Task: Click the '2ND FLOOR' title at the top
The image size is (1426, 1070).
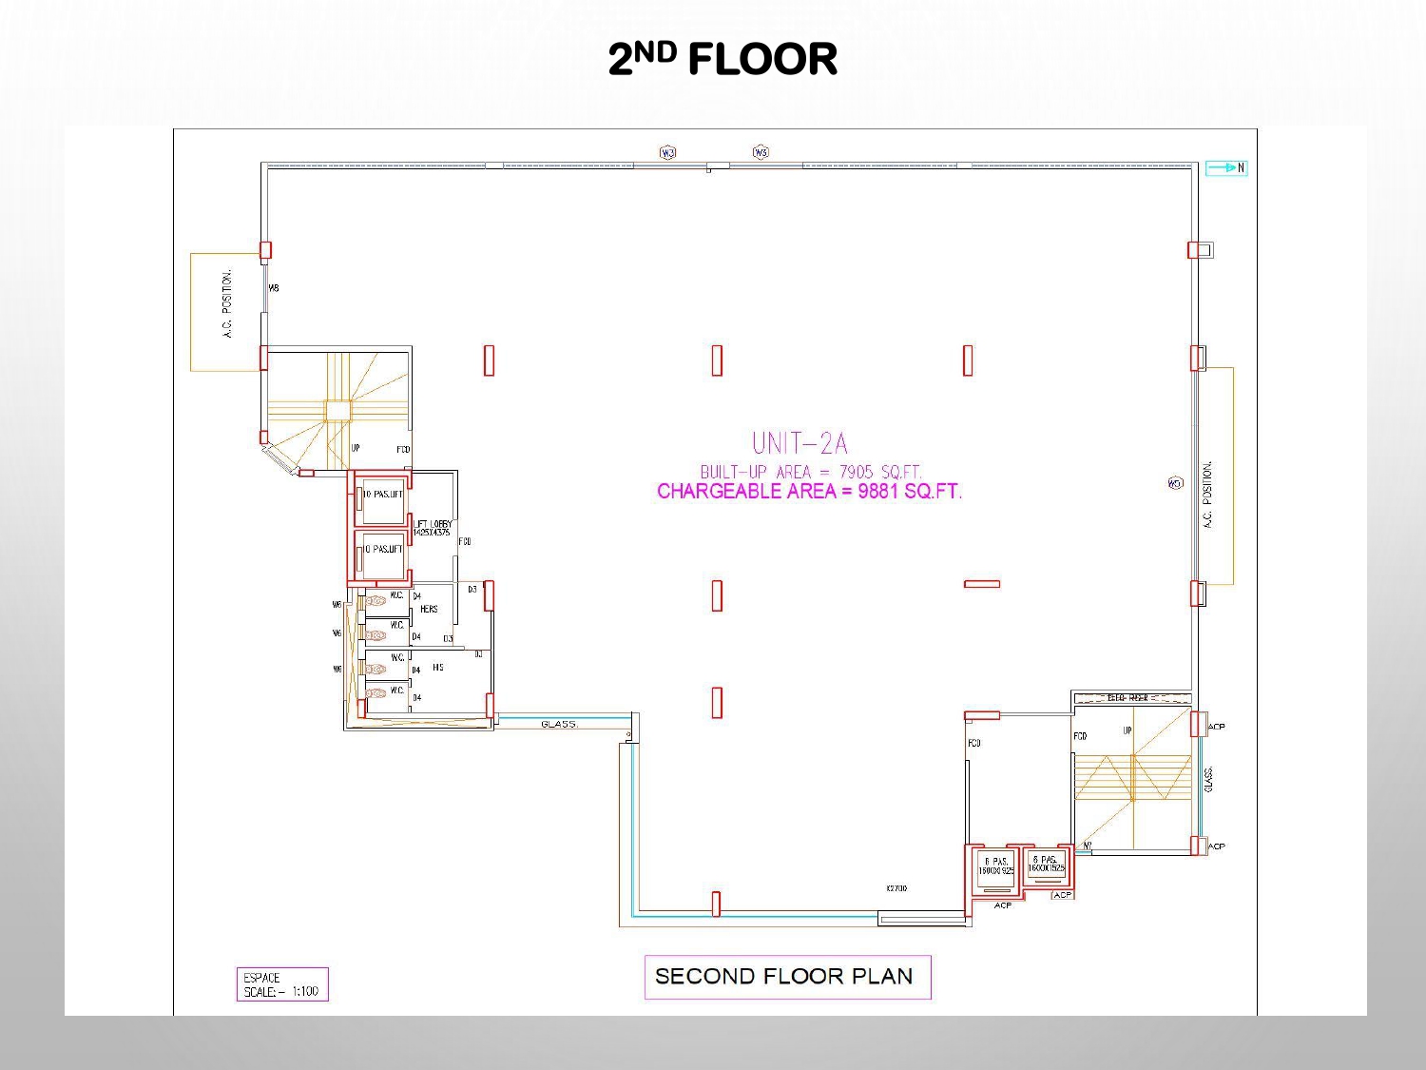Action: coord(723,59)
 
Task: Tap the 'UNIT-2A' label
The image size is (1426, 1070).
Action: coord(800,443)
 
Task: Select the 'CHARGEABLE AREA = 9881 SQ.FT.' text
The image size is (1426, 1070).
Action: coord(809,492)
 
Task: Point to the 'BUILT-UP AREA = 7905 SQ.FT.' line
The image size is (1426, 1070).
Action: coord(811,472)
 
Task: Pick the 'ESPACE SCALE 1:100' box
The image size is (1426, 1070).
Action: coord(281,984)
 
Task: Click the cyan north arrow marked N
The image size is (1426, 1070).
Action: coord(1226,168)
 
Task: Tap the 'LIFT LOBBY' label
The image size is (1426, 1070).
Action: coord(433,528)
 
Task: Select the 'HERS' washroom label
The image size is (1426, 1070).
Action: coord(429,609)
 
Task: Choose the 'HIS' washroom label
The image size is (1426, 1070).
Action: coord(437,668)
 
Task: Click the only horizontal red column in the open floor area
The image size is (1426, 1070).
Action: coord(981,584)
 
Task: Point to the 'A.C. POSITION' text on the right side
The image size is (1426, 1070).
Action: coord(1207,495)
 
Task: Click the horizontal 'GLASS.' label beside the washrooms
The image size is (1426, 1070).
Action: coord(559,725)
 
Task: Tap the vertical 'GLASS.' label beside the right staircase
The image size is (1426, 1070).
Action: coord(1207,780)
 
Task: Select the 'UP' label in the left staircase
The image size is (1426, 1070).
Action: coord(356,448)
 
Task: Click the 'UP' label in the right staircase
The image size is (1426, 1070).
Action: coord(1127,730)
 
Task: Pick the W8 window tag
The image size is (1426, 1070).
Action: coord(274,288)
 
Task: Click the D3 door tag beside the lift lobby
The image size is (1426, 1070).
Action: coord(472,590)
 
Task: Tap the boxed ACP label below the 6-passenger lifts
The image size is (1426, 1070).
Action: coord(1062,895)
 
